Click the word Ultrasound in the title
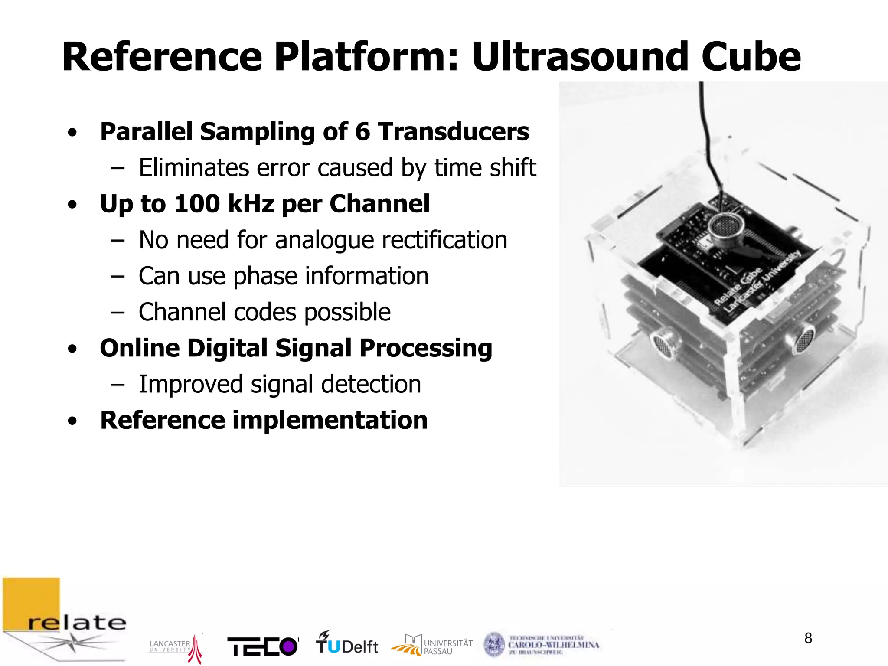580,58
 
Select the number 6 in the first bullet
362,132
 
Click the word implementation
330,420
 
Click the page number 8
808,638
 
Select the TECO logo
263,646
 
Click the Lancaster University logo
175,647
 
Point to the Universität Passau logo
431,645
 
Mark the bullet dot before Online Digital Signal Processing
72,349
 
